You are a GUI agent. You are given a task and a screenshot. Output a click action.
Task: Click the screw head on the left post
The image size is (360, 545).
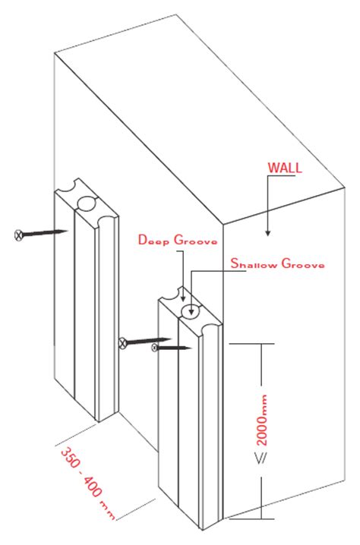pos(19,235)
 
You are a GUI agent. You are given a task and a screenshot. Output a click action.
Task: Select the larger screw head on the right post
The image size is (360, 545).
pos(122,344)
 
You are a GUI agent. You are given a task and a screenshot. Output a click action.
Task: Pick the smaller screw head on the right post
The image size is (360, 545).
pos(155,348)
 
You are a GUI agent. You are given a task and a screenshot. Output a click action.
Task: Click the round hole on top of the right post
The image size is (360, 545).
pos(191,309)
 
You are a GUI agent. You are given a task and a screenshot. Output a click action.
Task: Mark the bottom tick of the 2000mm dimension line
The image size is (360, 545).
pos(263,519)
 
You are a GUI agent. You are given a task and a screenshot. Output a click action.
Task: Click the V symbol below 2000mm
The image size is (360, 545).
pos(261,460)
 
